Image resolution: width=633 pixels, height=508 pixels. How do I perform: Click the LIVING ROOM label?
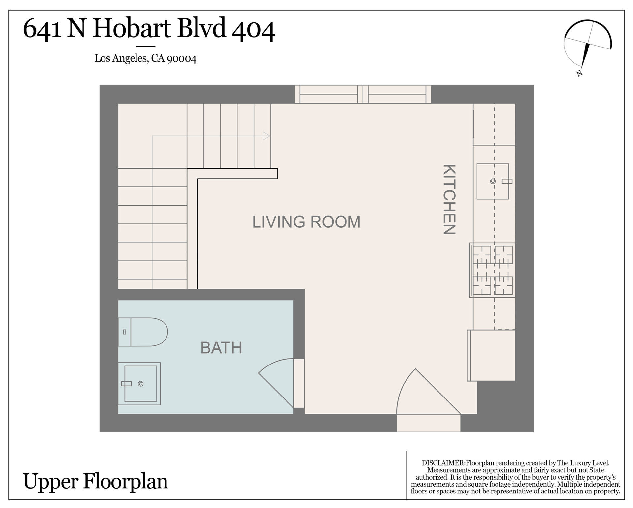pos(306,222)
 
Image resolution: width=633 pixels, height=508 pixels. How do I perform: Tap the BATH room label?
pos(221,348)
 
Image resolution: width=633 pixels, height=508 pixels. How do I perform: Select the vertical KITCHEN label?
pos(449,199)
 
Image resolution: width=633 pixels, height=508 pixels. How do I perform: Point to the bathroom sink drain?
pos(141,384)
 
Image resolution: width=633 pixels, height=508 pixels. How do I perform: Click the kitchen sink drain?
pos(493,181)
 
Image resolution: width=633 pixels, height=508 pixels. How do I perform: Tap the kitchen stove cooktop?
pos(493,270)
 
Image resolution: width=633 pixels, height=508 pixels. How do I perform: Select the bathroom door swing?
pos(276,383)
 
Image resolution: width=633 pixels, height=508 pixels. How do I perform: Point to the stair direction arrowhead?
pos(266,136)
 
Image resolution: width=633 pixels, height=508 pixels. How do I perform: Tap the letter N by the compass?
pos(579,73)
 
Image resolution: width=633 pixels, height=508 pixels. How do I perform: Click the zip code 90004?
pos(182,59)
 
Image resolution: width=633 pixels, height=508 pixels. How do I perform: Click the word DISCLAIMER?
pos(443,463)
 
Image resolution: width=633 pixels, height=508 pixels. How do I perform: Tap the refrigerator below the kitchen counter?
pos(491,355)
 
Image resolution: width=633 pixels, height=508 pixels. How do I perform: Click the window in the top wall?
pos(363,94)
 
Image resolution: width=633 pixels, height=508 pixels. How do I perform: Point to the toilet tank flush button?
pos(124,332)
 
